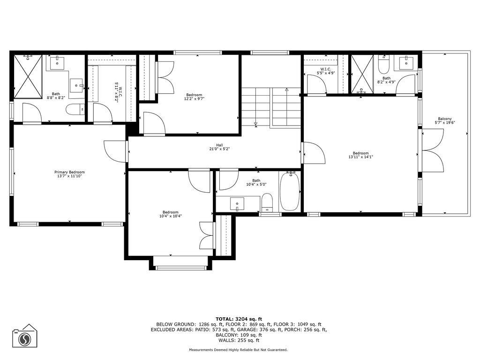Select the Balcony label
445,119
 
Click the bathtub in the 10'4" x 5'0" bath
290,192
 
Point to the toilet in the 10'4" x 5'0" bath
267,202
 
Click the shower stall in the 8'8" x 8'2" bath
28,76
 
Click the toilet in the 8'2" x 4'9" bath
383,63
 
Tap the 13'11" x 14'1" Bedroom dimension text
360,157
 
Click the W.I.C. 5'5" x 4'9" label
326,71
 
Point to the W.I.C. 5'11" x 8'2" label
117,92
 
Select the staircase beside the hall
271,107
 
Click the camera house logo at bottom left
24,336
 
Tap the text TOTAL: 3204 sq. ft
239,318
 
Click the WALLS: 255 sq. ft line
239,340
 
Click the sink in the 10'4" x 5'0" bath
238,204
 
